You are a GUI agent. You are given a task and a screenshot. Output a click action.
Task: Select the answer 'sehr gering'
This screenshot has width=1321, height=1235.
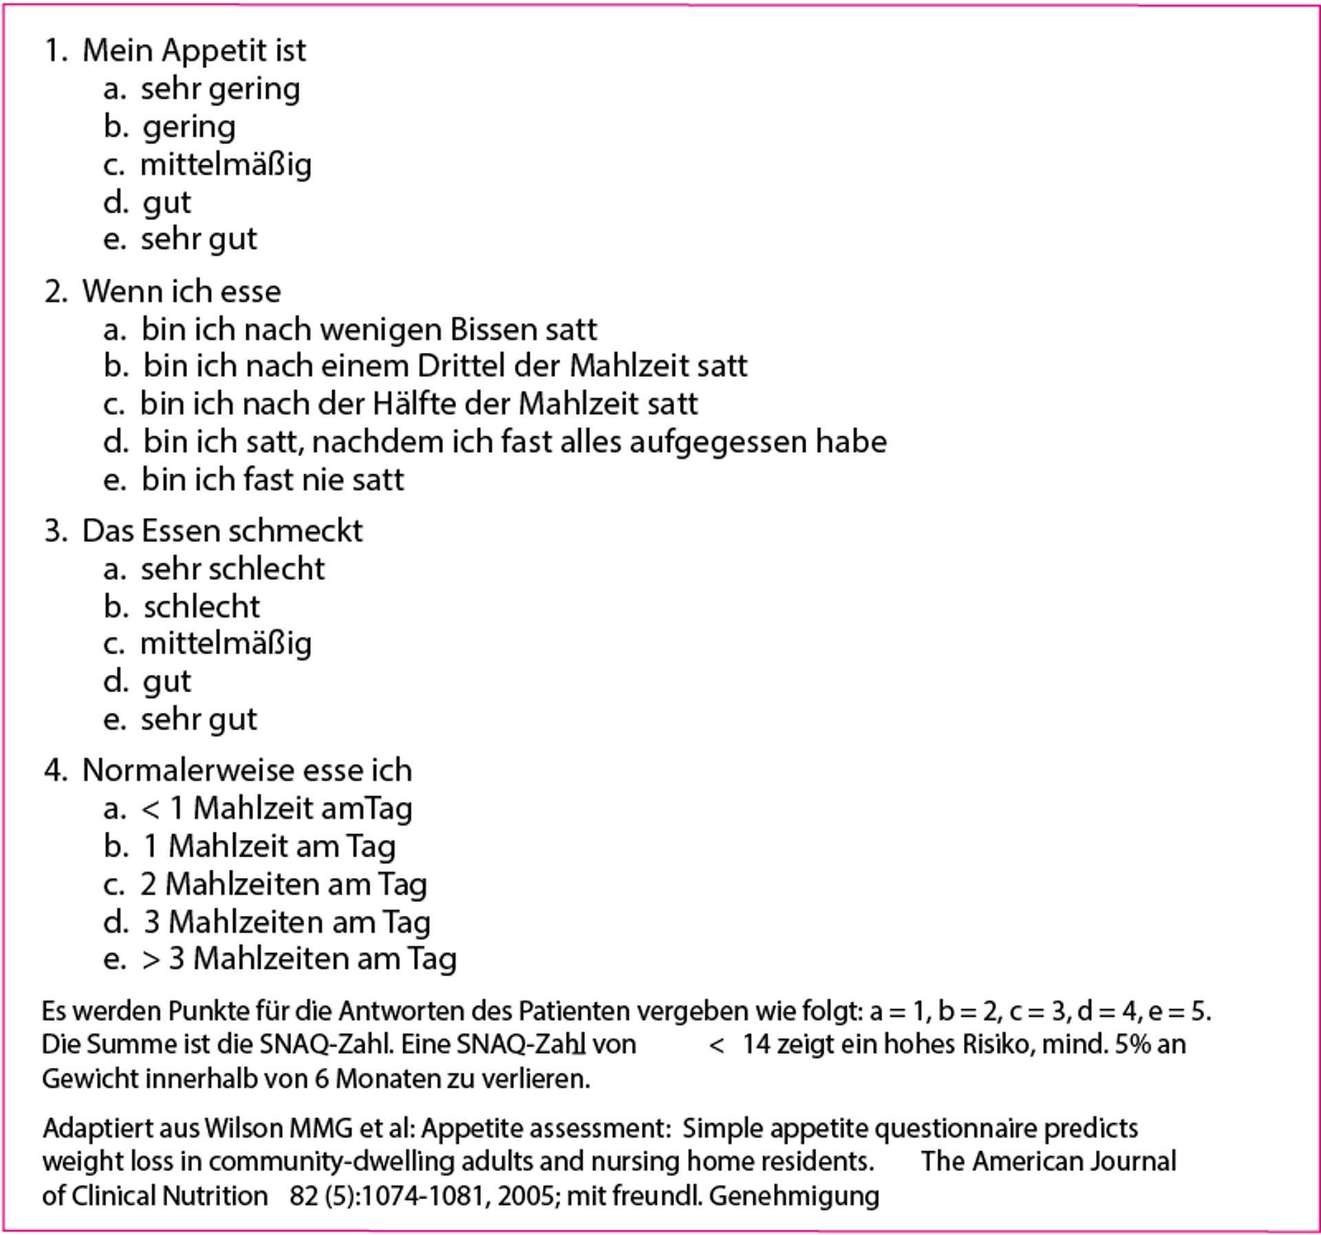[x=220, y=89]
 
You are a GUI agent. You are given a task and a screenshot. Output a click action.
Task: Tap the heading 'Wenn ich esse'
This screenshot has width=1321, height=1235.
[x=181, y=292]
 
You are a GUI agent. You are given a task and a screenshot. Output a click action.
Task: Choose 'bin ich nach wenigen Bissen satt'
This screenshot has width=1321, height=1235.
[x=369, y=330]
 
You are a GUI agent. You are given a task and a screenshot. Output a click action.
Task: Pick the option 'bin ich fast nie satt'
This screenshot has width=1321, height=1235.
[x=272, y=480]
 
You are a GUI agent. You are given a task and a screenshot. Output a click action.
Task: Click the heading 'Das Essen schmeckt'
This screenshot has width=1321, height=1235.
[x=222, y=531]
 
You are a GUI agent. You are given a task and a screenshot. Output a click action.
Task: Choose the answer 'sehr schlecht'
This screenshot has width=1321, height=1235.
[x=233, y=569]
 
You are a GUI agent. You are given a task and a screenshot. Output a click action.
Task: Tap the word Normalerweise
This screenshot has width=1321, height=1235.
[x=189, y=771]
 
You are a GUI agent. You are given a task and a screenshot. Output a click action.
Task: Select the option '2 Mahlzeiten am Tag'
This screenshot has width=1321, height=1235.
[x=283, y=885]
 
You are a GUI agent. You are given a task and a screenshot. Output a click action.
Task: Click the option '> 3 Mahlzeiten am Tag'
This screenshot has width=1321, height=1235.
[x=299, y=959]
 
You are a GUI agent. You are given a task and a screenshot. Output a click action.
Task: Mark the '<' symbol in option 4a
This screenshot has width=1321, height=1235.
[x=150, y=809]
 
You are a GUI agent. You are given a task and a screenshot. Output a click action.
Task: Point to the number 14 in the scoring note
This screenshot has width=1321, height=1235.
[x=756, y=1044]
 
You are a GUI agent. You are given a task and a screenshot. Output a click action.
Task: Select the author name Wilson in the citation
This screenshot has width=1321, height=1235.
[x=244, y=1129]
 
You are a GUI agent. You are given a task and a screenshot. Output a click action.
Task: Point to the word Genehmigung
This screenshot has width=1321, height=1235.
[x=794, y=1196]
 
